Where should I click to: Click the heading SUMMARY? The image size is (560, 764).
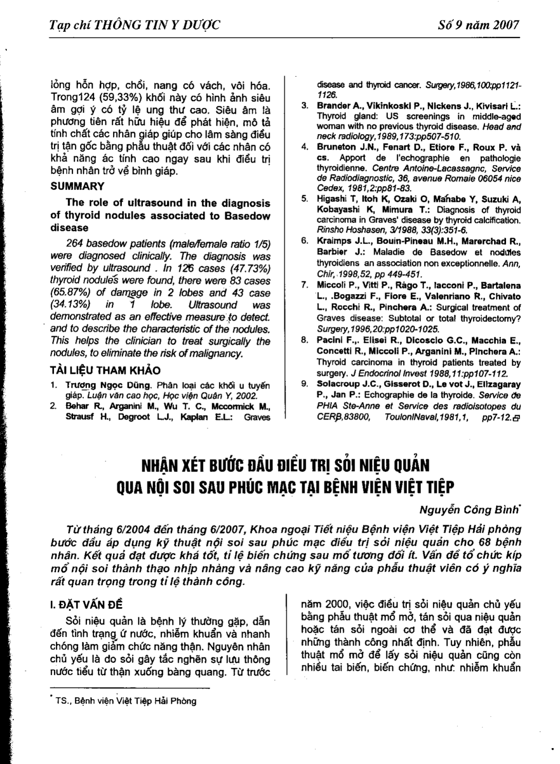point(78,186)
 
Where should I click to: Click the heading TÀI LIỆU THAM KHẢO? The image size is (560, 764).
point(105,371)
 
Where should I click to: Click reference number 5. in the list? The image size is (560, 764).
point(305,198)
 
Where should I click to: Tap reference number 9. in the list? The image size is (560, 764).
point(305,384)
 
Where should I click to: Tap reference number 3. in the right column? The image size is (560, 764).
point(305,105)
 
